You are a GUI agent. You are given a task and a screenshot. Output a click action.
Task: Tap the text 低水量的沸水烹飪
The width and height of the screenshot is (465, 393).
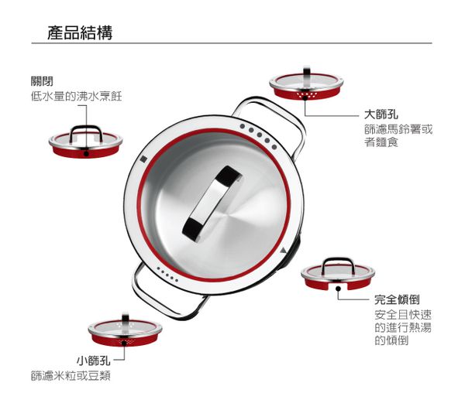coord(76,97)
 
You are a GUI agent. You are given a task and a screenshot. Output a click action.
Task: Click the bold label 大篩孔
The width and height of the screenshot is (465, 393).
coord(381,114)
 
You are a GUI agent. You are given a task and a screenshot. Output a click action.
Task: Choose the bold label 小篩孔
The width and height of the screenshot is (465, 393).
coord(93,361)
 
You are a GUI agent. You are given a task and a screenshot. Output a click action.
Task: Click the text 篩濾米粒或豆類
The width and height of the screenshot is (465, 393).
coord(71,376)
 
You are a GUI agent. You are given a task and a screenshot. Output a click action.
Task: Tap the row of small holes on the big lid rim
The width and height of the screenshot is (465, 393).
coord(167,272)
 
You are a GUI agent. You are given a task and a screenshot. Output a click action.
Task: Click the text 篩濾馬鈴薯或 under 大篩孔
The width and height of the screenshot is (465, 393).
coord(398,129)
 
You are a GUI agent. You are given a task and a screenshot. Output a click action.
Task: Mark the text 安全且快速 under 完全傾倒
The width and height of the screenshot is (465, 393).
coord(402,315)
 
